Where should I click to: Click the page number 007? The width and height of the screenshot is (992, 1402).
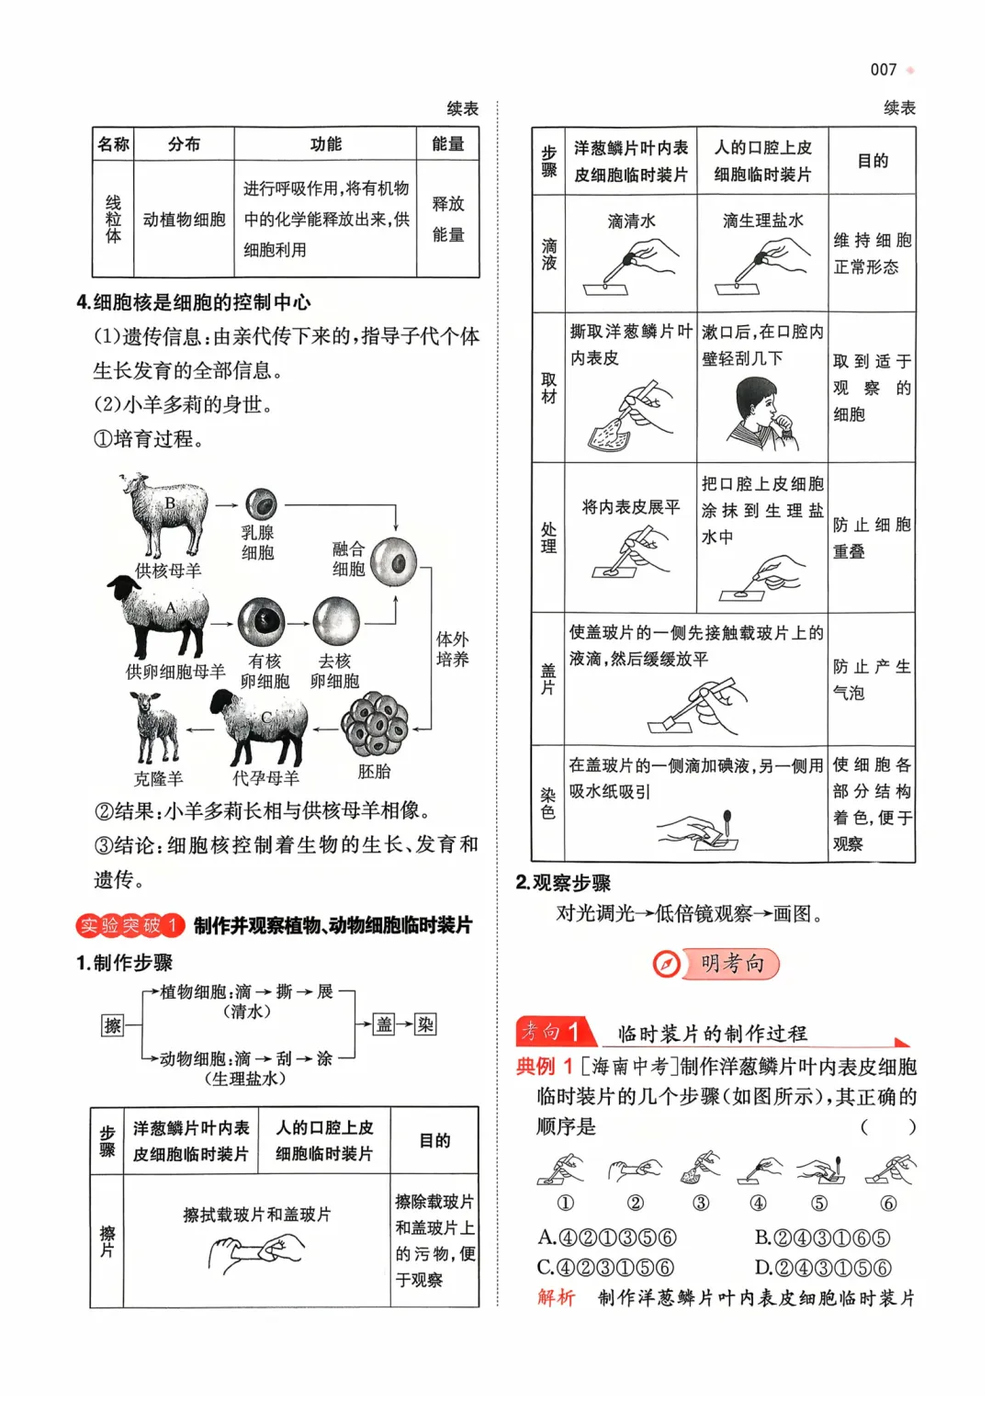[883, 70]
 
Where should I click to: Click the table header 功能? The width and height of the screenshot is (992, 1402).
[325, 144]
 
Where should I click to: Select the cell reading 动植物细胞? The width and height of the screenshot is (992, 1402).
[184, 220]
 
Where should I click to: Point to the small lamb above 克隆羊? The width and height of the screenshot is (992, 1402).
[154, 728]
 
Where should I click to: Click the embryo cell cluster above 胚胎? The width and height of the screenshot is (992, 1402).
[375, 725]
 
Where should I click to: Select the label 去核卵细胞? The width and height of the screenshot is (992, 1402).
[334, 671]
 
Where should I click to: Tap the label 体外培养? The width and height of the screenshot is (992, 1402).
[452, 649]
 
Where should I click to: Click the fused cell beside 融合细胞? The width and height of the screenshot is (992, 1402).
[393, 561]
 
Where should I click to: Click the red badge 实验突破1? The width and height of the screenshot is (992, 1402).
[130, 925]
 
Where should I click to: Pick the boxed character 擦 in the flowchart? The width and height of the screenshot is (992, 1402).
[112, 1024]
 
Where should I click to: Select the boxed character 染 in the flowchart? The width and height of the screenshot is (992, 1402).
[425, 1024]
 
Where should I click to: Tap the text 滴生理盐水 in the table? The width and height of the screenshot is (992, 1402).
[762, 220]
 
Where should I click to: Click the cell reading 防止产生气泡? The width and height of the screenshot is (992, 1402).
[871, 679]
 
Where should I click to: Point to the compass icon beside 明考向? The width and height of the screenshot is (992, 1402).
[667, 964]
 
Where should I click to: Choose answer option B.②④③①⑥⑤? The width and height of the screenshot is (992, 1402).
[822, 1238]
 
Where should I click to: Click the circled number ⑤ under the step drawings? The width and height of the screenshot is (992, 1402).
[819, 1203]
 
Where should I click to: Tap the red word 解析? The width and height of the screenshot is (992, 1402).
[556, 1297]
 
